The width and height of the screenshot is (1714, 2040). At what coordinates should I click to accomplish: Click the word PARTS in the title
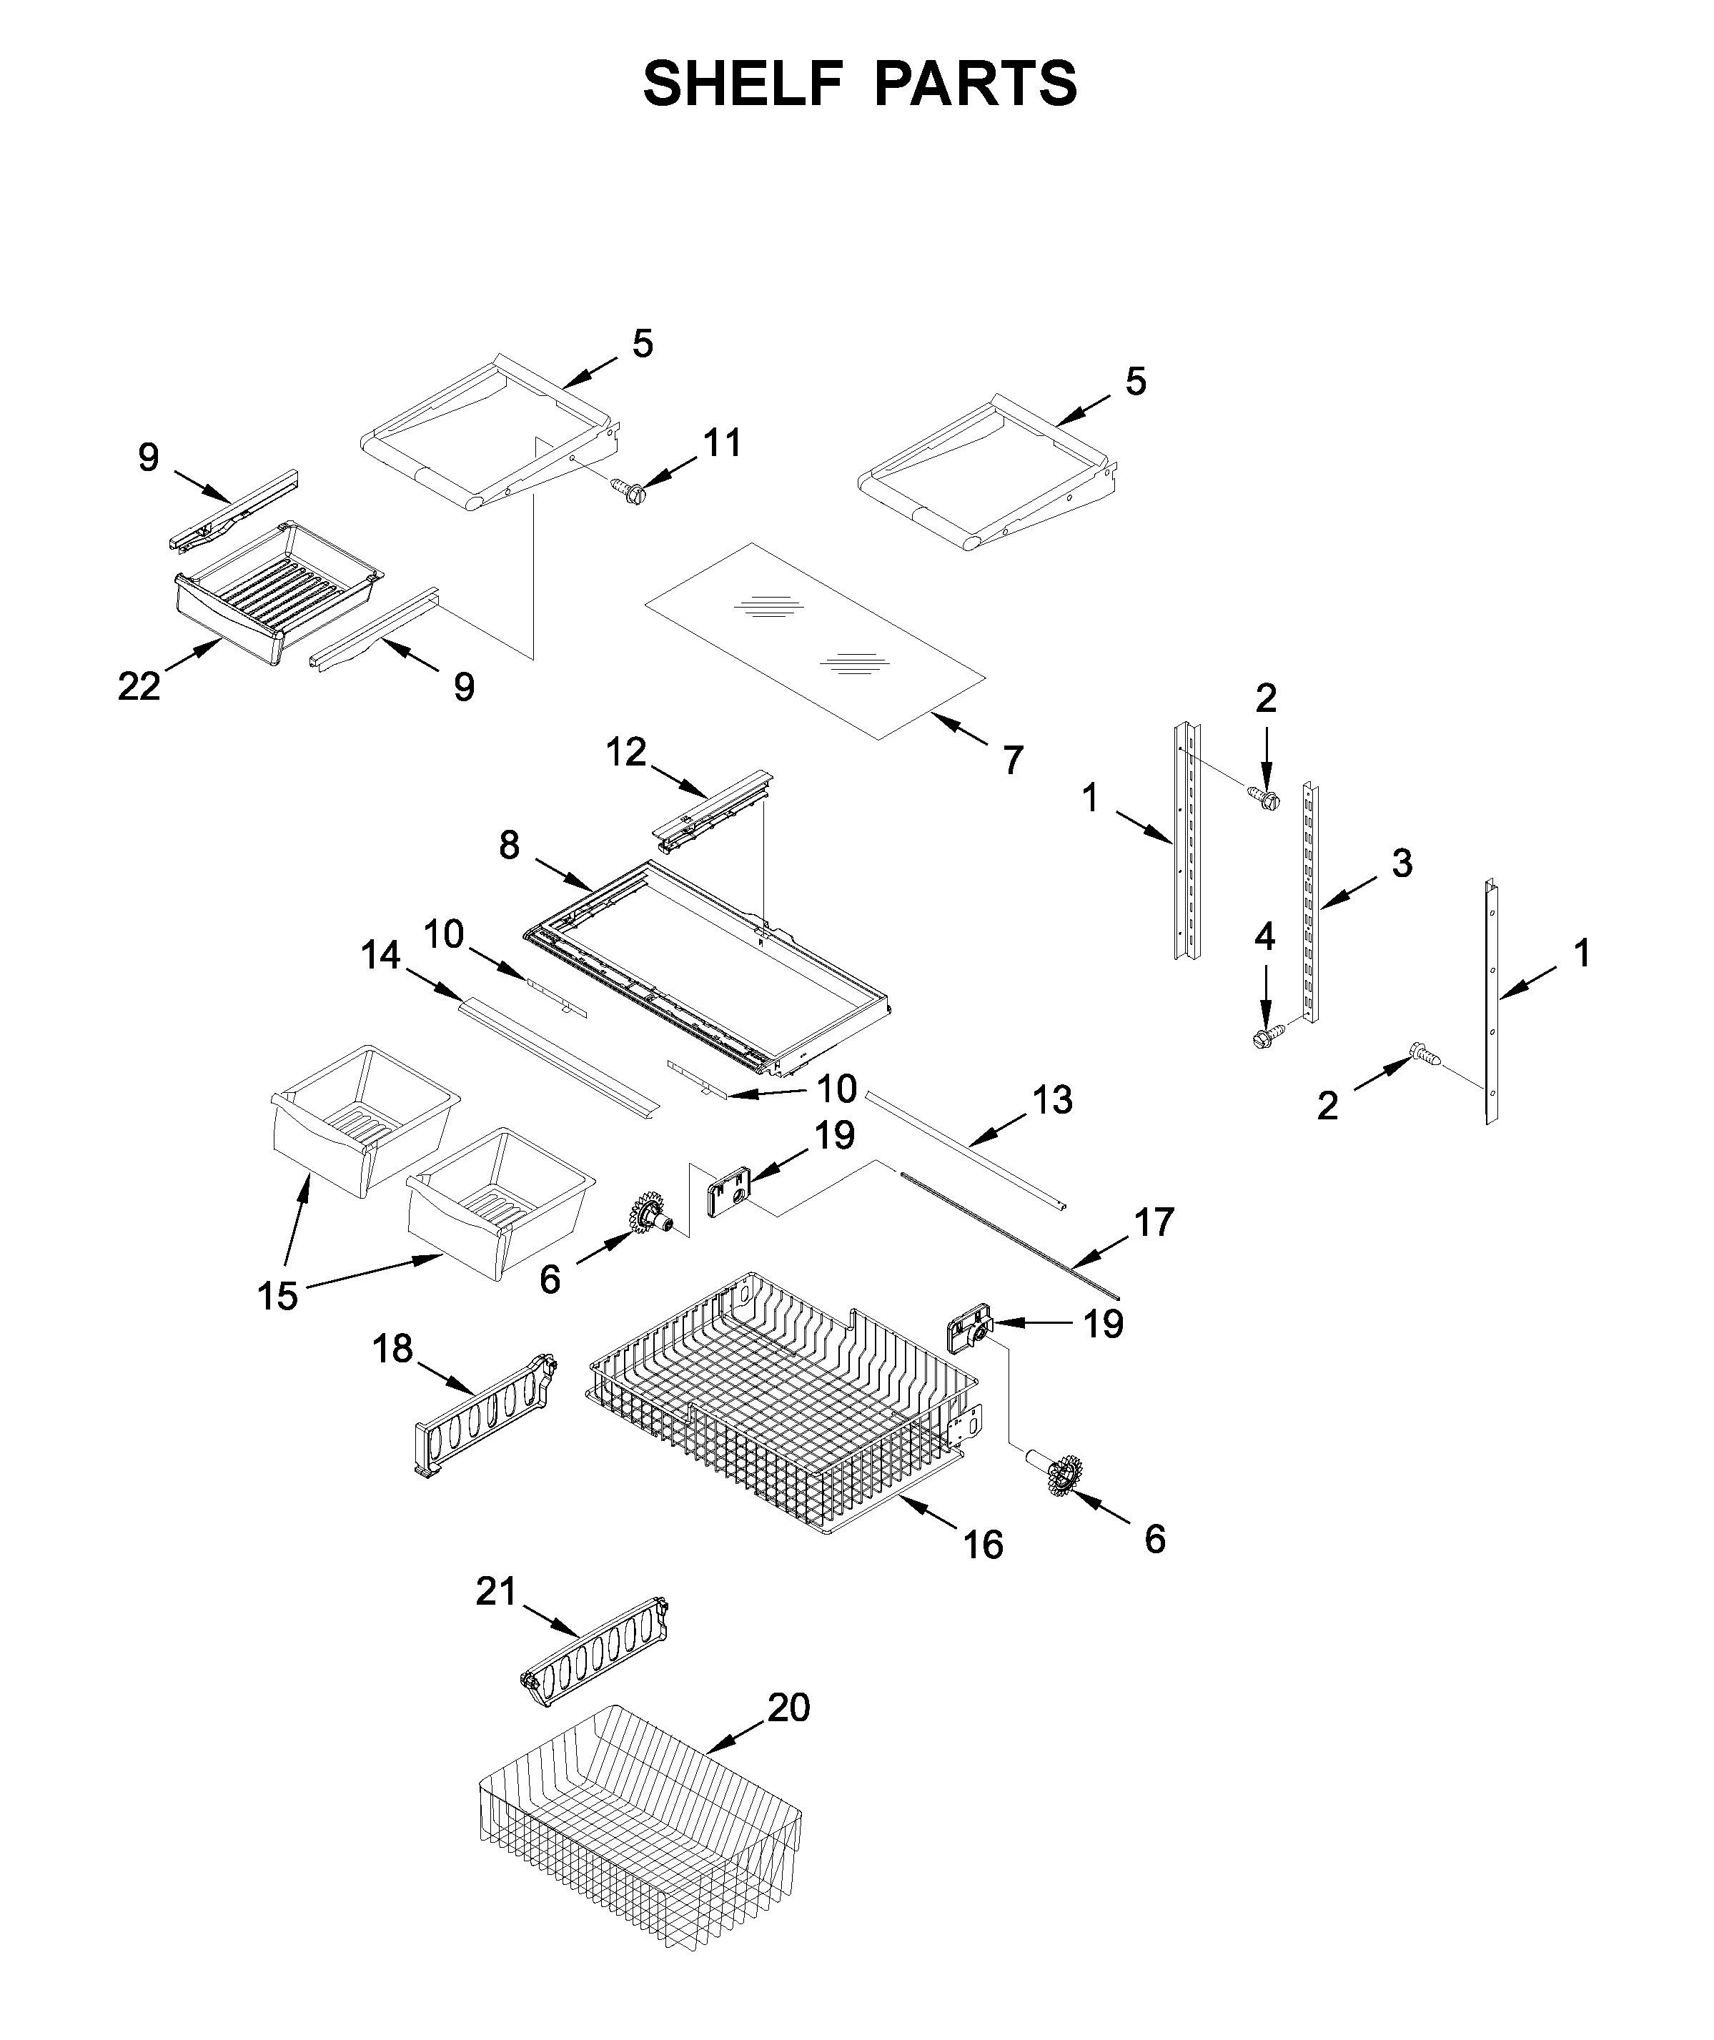pyautogui.click(x=976, y=84)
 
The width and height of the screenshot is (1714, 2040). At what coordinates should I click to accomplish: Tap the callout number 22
pyautogui.click(x=138, y=687)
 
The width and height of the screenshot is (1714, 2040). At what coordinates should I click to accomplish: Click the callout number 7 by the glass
pyautogui.click(x=1014, y=761)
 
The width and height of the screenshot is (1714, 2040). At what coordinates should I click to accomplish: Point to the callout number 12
pyautogui.click(x=625, y=752)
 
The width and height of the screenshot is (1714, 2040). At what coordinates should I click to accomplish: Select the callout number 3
pyautogui.click(x=1401, y=863)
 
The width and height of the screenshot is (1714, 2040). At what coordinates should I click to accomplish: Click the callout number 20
pyautogui.click(x=788, y=1707)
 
